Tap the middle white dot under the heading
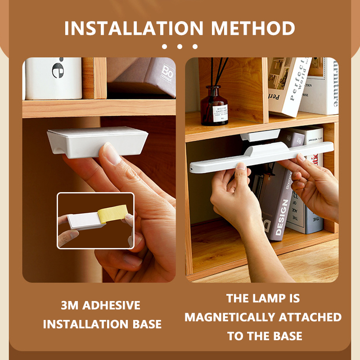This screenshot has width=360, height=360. [180, 46]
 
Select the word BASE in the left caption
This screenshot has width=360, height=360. [145, 324]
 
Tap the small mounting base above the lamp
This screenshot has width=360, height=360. [260, 135]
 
